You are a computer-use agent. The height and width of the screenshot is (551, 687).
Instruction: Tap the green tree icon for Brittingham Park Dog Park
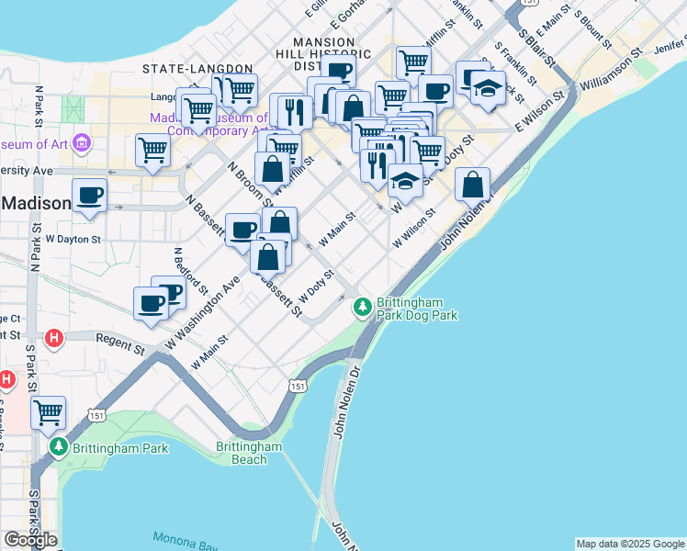click(x=364, y=305)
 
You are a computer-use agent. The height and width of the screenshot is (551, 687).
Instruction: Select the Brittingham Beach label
click(x=248, y=453)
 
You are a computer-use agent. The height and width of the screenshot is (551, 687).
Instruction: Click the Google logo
click(x=30, y=540)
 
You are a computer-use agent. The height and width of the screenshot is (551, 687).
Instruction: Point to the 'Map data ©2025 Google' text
click(x=630, y=544)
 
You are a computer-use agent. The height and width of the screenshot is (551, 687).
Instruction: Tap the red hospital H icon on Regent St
click(x=54, y=338)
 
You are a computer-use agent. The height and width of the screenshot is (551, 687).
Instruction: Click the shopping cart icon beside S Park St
click(x=48, y=413)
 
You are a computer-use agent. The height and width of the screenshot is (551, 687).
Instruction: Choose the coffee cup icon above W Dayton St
click(x=89, y=196)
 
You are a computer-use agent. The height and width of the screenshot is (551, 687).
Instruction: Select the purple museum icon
click(x=82, y=143)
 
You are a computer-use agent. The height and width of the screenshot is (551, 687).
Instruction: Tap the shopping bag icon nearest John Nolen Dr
click(x=471, y=185)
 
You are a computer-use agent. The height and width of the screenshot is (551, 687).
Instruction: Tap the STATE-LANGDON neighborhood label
click(x=197, y=69)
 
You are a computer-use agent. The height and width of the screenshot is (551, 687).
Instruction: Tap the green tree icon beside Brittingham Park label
click(x=59, y=447)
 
